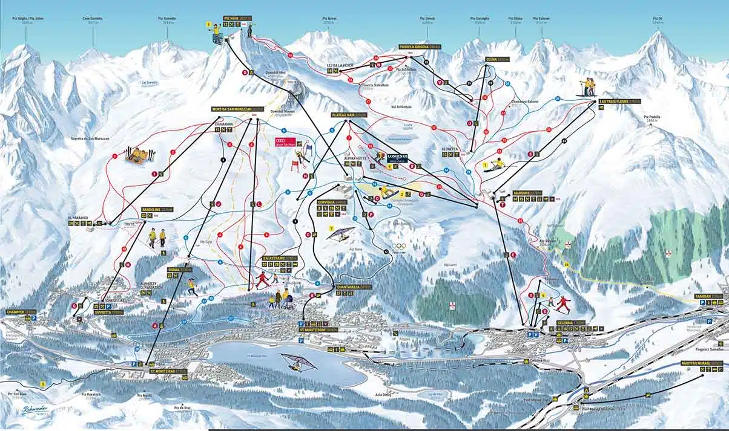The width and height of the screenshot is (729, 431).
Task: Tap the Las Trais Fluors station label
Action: pyautogui.click(x=616, y=102)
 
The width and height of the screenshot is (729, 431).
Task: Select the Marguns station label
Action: pyautogui.click(x=527, y=193)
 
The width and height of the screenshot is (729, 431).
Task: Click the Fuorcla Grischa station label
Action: pyautogui.click(x=419, y=47)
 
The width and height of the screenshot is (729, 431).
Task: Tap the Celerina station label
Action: pyautogui.click(x=570, y=323)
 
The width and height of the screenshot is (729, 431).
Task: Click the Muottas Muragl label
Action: pyautogui.click(x=708, y=363)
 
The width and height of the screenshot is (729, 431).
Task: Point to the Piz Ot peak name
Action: pyautogui.click(x=658, y=19)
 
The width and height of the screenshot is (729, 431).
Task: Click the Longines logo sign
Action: pyautogui.click(x=397, y=156)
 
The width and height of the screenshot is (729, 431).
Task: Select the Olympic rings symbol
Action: pyautogui.click(x=399, y=246)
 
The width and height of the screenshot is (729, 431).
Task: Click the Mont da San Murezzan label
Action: pyautogui.click(x=237, y=109)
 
